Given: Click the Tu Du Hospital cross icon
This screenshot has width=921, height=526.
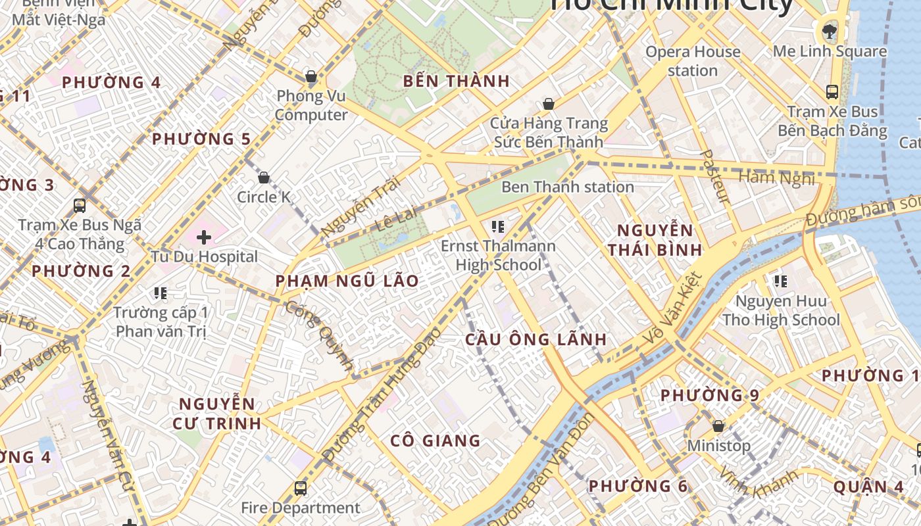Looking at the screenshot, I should pos(204,237).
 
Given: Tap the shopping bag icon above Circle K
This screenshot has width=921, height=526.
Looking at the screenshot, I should pos(264,178).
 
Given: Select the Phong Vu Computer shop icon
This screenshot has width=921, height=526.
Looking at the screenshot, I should pos(311,77).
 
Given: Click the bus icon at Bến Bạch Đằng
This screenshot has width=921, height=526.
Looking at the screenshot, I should pos(832,92).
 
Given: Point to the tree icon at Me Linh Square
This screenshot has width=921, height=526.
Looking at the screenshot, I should pos(830,31).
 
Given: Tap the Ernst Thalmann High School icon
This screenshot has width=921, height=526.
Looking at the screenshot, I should pos(498,227).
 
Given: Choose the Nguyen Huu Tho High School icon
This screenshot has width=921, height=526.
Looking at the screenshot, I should pos(781,281).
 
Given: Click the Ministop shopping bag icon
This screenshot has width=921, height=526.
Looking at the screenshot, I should pos(718,426).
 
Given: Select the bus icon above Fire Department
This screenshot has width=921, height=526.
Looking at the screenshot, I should pos(301,488).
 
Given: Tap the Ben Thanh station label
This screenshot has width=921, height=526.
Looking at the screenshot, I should pos(567,187).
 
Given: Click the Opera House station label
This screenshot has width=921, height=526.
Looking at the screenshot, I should pos(693,61).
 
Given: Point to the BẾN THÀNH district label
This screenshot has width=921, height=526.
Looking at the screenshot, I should pos(457,82).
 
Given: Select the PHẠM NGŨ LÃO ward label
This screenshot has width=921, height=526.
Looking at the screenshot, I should pos(347,281).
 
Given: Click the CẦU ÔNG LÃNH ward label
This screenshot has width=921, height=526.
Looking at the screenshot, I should pos(535,339).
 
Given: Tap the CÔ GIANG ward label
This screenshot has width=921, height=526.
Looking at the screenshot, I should pos(436,441).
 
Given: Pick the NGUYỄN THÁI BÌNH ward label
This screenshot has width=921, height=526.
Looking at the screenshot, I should pos(655,240).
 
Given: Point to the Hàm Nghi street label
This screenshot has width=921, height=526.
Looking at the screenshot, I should pos(776,178).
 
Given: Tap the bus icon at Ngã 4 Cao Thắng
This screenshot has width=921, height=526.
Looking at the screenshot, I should pos(80,206).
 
